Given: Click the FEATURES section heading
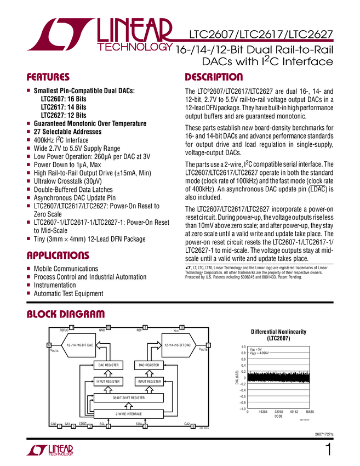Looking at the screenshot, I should (x=48, y=77).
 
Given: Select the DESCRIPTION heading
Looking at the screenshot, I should (x=214, y=77).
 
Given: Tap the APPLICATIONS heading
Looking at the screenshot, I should (x=58, y=255).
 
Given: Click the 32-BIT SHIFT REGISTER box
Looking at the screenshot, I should (x=129, y=398).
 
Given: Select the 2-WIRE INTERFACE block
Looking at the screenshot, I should (x=129, y=413).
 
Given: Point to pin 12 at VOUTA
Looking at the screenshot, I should (x=49, y=345).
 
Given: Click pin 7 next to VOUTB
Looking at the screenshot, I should (x=209, y=345).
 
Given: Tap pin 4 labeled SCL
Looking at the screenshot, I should (x=108, y=426).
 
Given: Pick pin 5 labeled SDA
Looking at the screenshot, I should (x=145, y=426).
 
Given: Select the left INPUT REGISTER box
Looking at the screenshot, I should (x=108, y=381).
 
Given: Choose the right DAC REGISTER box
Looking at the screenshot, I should (x=149, y=365).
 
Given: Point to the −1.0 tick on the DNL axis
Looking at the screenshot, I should (x=242, y=408).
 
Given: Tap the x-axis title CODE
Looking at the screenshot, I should (x=278, y=416).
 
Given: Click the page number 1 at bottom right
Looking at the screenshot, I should (x=328, y=451).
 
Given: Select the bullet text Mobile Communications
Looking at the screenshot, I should (x=66, y=269).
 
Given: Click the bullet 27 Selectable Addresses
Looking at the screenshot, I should (x=67, y=132).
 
